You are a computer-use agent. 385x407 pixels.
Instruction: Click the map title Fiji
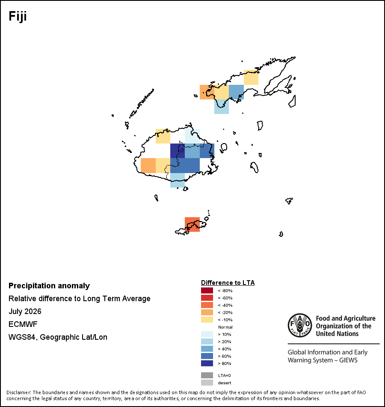(x=18, y=17)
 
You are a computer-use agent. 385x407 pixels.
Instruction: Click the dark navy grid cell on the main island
(x=178, y=150)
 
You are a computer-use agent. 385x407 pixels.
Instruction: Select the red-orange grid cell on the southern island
(x=192, y=224)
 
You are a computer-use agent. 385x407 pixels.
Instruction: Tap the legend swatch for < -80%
(x=207, y=290)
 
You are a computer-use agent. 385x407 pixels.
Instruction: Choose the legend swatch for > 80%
(x=207, y=363)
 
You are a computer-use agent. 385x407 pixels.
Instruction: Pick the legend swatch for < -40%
(x=207, y=305)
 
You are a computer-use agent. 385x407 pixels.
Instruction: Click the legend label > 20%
(x=225, y=341)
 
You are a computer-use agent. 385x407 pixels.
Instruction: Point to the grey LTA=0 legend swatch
(x=207, y=375)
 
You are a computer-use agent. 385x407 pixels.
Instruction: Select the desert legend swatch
(x=207, y=383)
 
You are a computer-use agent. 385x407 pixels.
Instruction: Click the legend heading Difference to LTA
(x=228, y=283)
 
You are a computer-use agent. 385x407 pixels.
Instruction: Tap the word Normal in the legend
(x=225, y=327)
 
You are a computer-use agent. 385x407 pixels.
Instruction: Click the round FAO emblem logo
(x=300, y=325)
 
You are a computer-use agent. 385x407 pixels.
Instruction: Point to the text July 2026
(x=25, y=311)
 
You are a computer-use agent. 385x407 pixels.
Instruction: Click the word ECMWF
(x=23, y=324)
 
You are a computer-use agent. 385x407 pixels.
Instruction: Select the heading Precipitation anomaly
(x=49, y=286)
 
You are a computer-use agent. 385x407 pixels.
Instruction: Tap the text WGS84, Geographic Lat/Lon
(x=58, y=337)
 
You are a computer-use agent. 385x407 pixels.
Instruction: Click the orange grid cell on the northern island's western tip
(x=207, y=92)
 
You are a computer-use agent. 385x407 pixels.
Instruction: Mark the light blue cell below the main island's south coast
(x=178, y=180)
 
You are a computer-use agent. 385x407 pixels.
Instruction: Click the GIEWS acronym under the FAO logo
(x=349, y=360)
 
